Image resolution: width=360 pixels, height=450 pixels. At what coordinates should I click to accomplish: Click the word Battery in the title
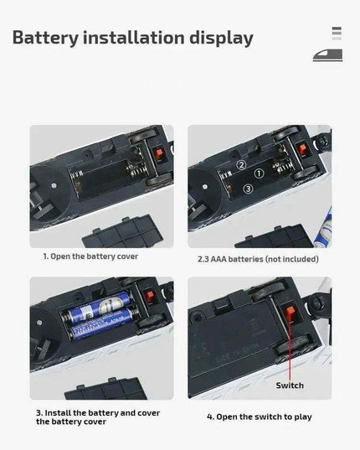(x=45, y=39)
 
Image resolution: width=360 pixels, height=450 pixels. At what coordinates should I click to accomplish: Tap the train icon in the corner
(x=327, y=55)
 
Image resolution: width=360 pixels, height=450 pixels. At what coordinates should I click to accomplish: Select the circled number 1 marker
(x=259, y=173)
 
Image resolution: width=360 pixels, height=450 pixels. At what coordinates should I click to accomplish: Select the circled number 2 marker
(x=241, y=165)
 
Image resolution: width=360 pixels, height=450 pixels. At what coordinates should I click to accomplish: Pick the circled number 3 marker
(x=248, y=189)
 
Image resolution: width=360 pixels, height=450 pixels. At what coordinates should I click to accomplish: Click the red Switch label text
(x=290, y=385)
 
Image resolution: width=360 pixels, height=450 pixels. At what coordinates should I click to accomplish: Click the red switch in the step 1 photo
(x=159, y=154)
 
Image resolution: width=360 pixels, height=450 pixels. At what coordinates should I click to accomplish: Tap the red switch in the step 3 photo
(x=150, y=297)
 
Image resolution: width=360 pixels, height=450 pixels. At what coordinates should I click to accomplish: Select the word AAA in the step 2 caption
(x=219, y=259)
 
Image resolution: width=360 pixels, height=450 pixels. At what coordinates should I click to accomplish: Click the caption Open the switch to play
(x=259, y=416)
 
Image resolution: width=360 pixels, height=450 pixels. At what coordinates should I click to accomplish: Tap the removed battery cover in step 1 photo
(x=123, y=232)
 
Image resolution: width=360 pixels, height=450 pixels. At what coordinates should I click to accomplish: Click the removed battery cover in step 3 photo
(x=105, y=389)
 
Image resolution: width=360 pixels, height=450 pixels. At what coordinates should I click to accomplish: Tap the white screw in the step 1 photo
(x=54, y=186)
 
